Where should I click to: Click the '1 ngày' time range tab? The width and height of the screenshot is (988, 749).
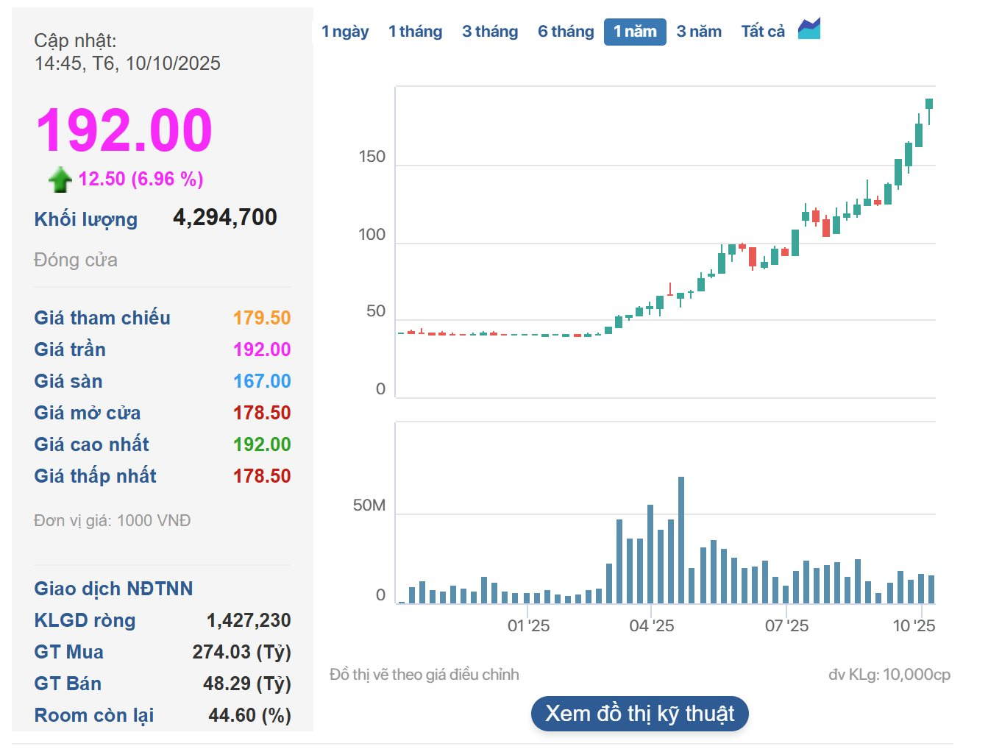click(x=344, y=32)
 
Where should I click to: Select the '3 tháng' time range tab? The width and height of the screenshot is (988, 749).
click(x=490, y=32)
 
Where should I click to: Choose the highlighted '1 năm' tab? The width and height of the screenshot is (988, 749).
click(x=635, y=32)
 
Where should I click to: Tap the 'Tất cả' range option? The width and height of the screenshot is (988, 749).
click(x=763, y=32)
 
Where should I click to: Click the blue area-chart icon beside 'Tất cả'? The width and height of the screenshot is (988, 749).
click(x=809, y=29)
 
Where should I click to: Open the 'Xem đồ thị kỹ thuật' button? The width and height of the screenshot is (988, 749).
click(x=639, y=714)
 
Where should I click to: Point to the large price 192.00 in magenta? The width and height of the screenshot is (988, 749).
click(x=124, y=130)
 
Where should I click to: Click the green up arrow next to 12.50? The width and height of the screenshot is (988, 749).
click(x=60, y=179)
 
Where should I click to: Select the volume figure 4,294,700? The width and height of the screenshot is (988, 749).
click(x=224, y=217)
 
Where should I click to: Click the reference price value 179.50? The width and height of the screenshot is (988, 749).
click(x=262, y=318)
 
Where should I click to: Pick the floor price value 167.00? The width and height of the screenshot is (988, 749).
click(x=262, y=381)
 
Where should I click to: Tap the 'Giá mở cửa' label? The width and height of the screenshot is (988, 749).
click(x=87, y=413)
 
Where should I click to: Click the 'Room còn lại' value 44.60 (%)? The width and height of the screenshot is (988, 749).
click(x=249, y=715)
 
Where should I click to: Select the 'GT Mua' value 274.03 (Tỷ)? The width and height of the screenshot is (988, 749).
click(x=241, y=652)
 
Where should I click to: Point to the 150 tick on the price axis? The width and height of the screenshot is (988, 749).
click(x=372, y=157)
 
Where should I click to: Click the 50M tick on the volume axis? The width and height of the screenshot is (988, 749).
click(x=369, y=505)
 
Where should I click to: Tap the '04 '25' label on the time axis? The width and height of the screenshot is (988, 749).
click(x=651, y=626)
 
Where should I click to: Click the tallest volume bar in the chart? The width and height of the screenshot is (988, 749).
click(x=681, y=541)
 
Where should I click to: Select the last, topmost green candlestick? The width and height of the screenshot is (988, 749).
click(x=929, y=104)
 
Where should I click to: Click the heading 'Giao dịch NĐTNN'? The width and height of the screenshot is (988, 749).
click(x=113, y=589)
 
